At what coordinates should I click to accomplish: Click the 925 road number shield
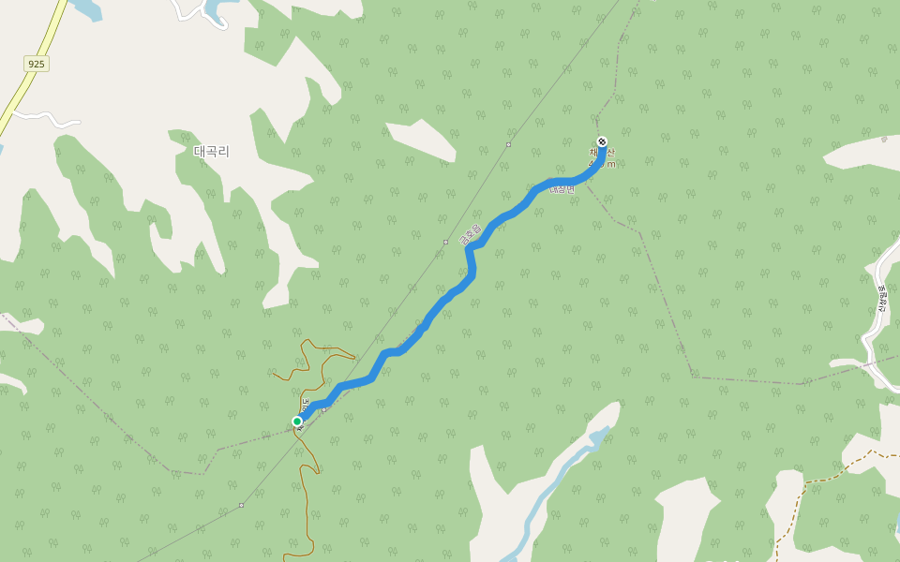pyautogui.click(x=37, y=64)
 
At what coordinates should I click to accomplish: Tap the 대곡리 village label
pyautogui.click(x=211, y=151)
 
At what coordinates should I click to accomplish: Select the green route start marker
pyautogui.click(x=297, y=421)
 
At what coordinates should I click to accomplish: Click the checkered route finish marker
pyautogui.click(x=602, y=142)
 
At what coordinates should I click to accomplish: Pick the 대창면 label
pyautogui.click(x=562, y=190)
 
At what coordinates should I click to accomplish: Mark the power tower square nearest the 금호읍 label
pyautogui.click(x=445, y=242)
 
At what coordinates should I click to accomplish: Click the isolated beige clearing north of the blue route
pyautogui.click(x=421, y=140)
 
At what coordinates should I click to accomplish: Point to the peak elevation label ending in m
pyautogui.click(x=605, y=164)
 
